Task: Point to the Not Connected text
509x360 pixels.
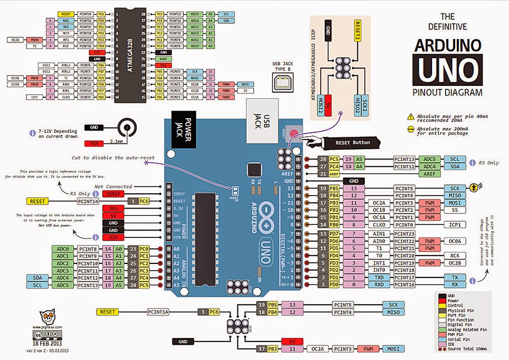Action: (x=113, y=186)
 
